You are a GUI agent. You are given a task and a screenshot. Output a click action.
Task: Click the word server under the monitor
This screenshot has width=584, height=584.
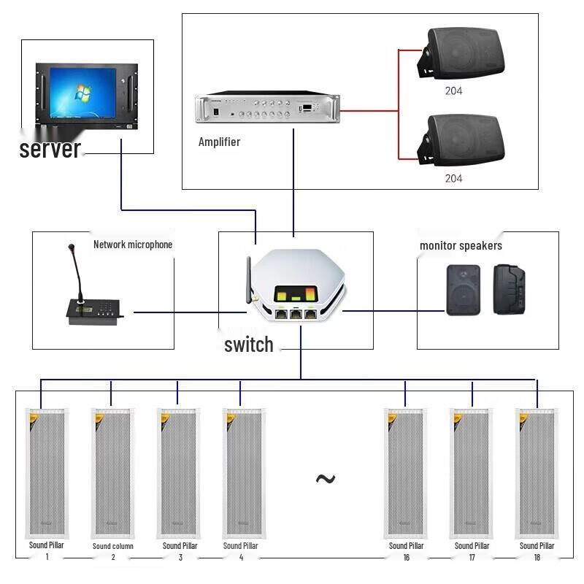(x=50, y=149)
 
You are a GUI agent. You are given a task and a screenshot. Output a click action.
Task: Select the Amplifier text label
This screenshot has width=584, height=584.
(x=219, y=142)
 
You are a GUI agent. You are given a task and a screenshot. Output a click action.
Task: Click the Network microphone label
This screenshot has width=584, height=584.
(x=133, y=245)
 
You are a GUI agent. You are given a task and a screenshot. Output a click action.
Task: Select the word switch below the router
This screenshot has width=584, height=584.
(x=249, y=345)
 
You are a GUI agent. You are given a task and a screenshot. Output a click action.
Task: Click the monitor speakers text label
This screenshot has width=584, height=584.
(x=461, y=246)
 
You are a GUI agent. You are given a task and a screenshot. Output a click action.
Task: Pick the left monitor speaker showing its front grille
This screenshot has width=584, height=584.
(x=464, y=290)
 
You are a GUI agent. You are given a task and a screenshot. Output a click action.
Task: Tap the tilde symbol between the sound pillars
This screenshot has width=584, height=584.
(x=325, y=479)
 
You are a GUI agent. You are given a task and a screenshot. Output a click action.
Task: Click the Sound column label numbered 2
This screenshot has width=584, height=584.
(x=113, y=546)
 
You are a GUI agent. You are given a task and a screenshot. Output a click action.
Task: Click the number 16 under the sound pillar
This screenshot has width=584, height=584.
(x=406, y=558)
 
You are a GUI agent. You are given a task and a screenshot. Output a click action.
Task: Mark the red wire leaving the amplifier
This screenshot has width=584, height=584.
(x=369, y=112)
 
